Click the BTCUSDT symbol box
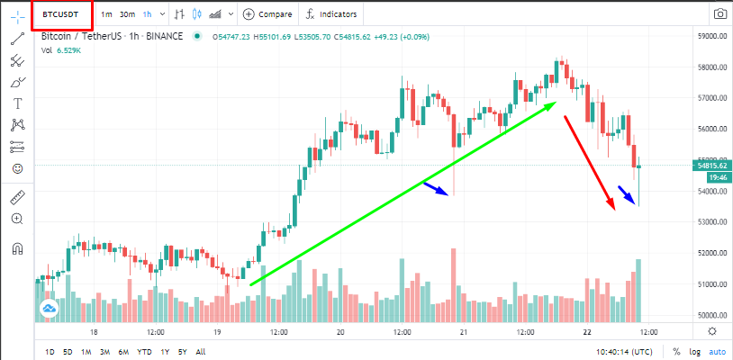click(x=62, y=14)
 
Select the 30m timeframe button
click(x=127, y=14)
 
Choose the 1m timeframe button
click(x=106, y=14)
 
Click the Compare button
click(x=267, y=14)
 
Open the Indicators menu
click(x=331, y=14)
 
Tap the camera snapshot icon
click(x=720, y=14)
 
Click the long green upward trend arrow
click(x=403, y=193)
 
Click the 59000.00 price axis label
click(x=710, y=36)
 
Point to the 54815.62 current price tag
click(x=710, y=166)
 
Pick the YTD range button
click(x=144, y=352)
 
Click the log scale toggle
click(x=695, y=352)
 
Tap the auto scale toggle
click(x=718, y=352)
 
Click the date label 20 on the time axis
click(x=340, y=332)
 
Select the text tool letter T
click(x=18, y=103)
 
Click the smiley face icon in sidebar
click(x=18, y=168)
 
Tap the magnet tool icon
click(x=18, y=248)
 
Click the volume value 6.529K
click(x=68, y=51)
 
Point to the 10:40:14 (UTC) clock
click(x=624, y=352)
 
